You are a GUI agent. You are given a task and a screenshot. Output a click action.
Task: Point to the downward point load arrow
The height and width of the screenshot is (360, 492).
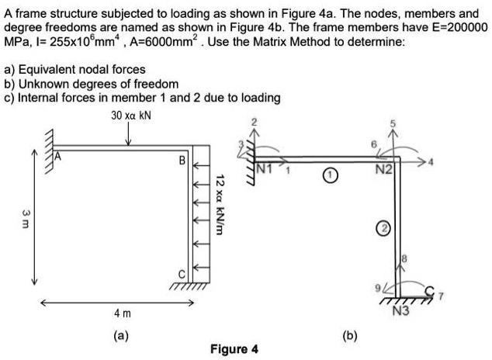tap(128, 135)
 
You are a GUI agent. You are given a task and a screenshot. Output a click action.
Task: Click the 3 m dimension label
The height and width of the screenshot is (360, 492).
tap(26, 215)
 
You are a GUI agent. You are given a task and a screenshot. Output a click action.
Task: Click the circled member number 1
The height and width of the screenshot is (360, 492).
tap(331, 177)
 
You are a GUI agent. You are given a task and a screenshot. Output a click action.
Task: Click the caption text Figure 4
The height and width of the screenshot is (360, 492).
tap(234, 348)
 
